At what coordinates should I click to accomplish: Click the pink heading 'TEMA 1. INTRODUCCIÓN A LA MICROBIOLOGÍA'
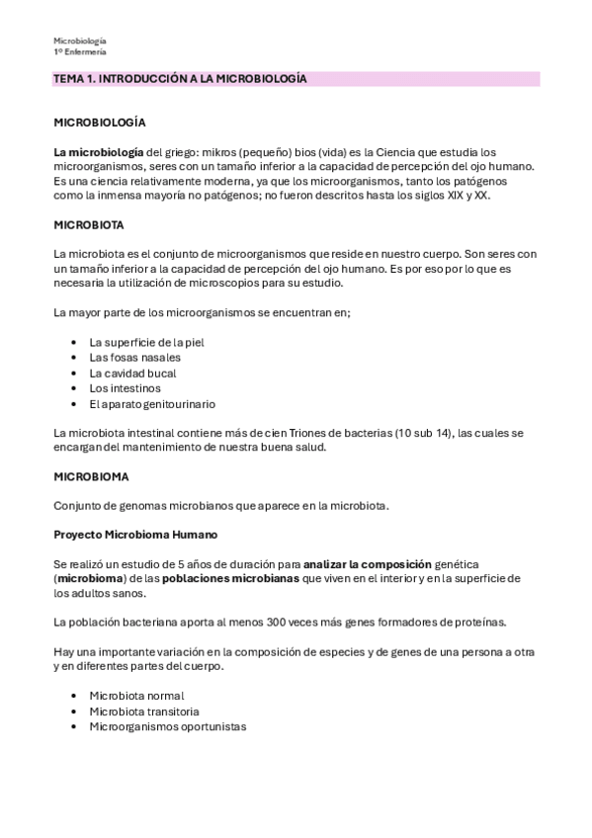[x=181, y=78]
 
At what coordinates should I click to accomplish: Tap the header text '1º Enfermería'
[x=80, y=51]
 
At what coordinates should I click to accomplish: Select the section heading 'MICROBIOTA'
[x=89, y=225]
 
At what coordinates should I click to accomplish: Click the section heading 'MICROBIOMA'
[x=91, y=476]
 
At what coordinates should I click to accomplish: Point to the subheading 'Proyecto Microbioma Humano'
[x=135, y=535]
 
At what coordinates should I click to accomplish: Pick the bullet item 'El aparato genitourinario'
[x=152, y=405]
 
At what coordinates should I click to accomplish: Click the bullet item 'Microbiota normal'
[x=136, y=696]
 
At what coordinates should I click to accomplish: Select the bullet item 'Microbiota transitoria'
[x=144, y=712]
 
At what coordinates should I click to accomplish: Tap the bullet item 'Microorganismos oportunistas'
[x=168, y=727]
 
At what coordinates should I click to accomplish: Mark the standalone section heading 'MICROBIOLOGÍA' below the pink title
[x=100, y=122]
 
